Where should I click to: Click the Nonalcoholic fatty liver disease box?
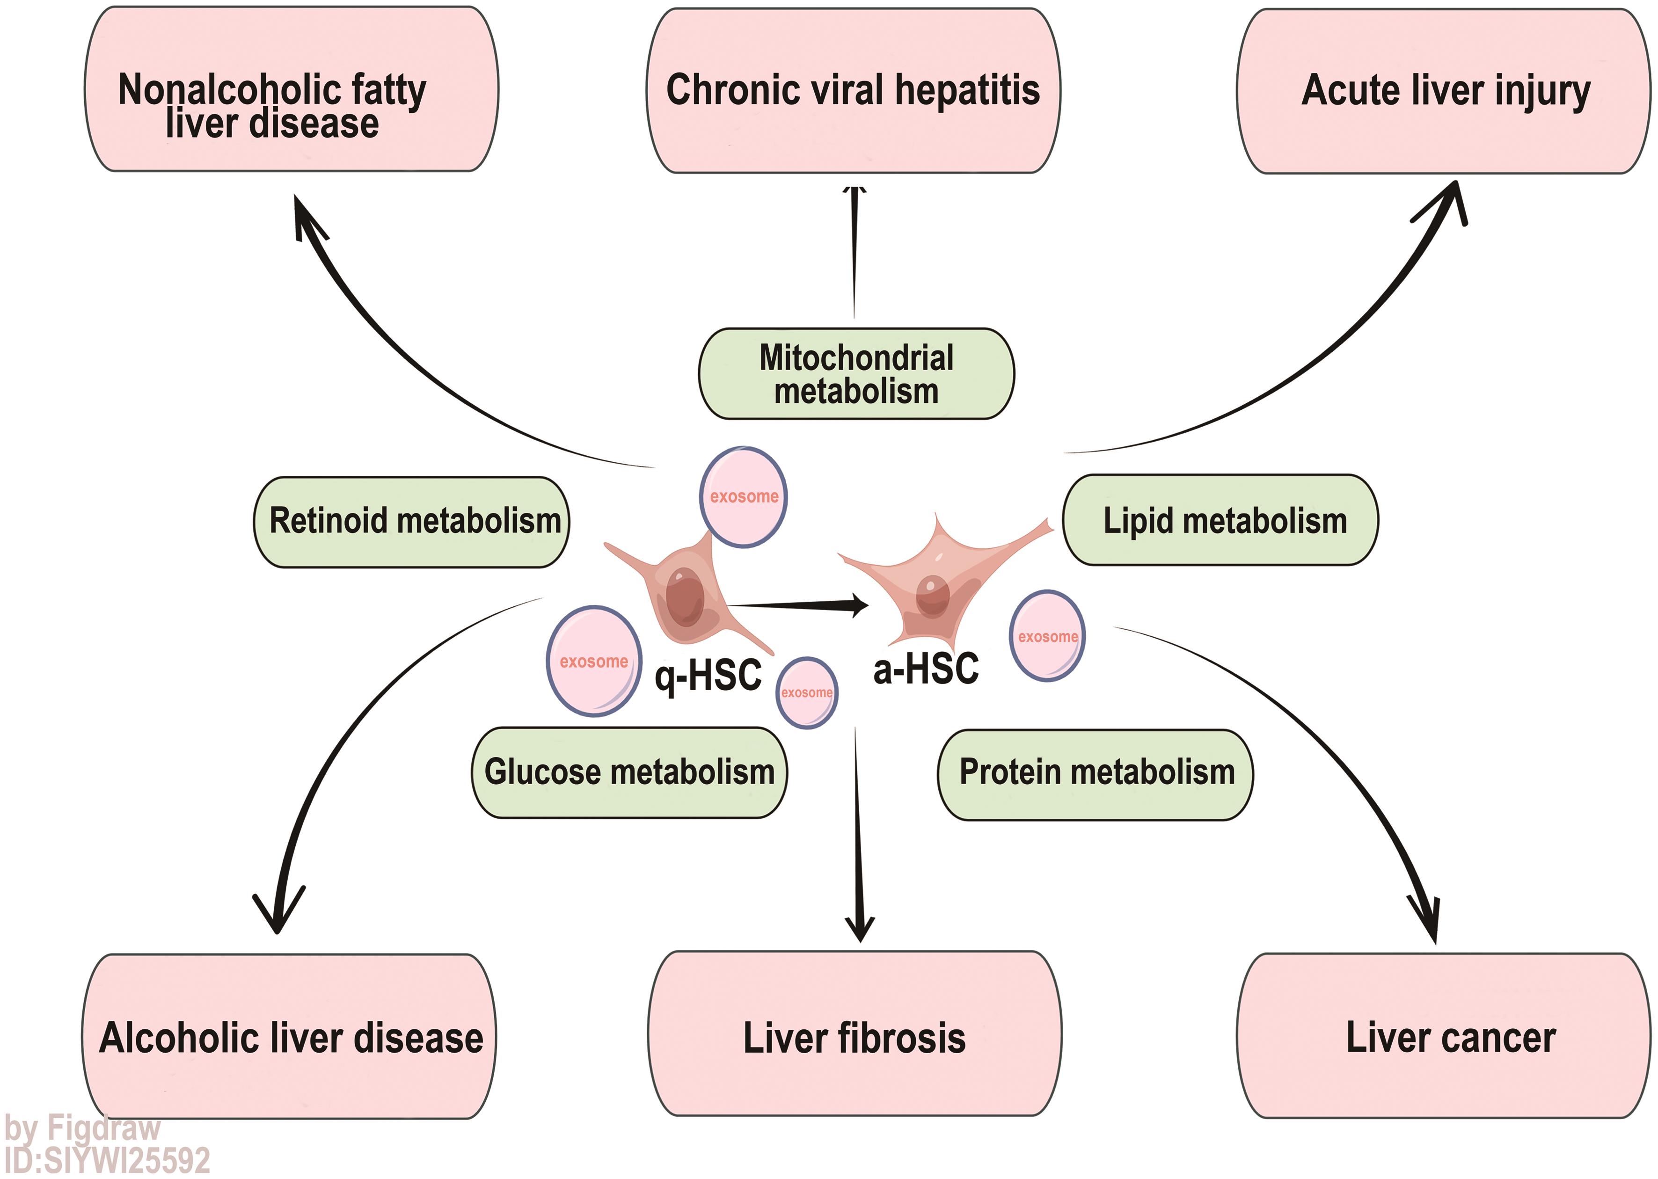291,90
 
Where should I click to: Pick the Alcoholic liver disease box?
289,1037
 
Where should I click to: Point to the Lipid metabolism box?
1220,520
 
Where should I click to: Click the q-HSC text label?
708,675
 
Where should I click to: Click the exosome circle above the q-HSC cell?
743,496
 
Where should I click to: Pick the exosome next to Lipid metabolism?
1047,636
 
